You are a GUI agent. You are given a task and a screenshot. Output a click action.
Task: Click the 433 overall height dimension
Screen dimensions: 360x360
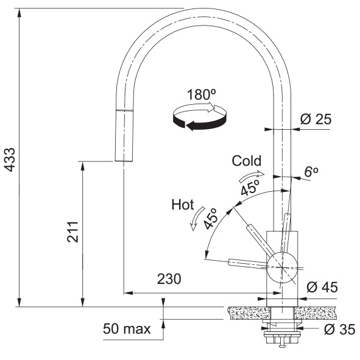(10, 160)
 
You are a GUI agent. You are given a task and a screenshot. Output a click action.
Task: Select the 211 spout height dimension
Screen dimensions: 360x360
(72, 232)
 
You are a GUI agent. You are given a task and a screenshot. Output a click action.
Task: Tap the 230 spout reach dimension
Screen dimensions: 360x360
(169, 279)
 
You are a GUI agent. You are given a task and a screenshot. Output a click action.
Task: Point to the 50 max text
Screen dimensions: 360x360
(127, 329)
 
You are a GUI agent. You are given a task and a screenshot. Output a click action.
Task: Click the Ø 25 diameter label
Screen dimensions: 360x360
(316, 119)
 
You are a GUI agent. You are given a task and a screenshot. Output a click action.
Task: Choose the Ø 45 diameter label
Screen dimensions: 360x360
(322, 288)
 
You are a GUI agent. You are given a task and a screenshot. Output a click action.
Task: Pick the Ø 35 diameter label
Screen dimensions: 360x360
(339, 330)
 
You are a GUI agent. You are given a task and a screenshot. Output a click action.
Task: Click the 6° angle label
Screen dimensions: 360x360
(311, 172)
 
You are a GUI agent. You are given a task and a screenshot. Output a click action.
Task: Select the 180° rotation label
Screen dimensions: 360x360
(202, 94)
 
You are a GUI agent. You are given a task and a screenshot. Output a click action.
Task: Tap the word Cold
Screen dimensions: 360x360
(246, 161)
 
